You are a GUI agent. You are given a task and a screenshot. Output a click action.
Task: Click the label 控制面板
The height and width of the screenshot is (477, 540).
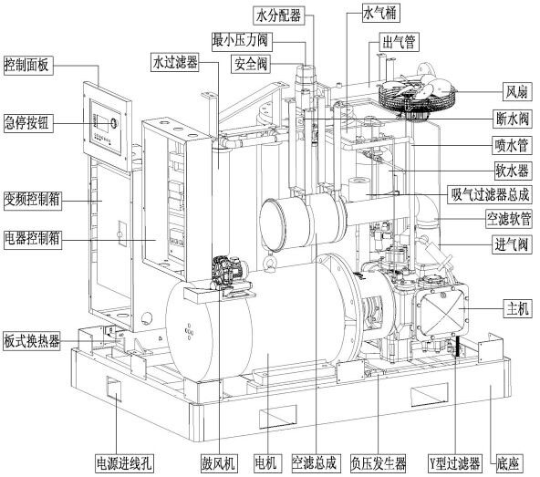(x=27, y=65)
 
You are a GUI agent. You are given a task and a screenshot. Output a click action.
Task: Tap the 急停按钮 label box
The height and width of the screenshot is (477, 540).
(x=27, y=122)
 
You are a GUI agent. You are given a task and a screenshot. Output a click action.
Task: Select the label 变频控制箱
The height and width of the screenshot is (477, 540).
(x=32, y=200)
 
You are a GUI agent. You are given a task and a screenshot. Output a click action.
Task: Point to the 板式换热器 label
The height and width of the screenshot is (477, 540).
(x=32, y=341)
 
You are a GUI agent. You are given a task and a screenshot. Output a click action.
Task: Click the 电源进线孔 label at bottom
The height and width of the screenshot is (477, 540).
(x=124, y=463)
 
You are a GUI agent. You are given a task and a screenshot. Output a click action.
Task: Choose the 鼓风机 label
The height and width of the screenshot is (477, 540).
(x=219, y=463)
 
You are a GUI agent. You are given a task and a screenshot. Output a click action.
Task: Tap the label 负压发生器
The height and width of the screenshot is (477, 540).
(x=379, y=463)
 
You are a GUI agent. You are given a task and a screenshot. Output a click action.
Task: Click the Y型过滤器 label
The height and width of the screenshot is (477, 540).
(x=454, y=463)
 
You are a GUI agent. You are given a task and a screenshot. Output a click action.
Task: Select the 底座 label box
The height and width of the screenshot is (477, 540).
(x=508, y=463)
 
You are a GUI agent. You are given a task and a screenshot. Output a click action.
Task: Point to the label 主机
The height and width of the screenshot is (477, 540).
(x=517, y=308)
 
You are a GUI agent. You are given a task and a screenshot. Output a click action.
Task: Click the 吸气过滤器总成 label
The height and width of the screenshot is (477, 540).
(x=490, y=195)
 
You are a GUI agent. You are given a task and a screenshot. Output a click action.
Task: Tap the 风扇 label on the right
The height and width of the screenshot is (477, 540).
(x=516, y=92)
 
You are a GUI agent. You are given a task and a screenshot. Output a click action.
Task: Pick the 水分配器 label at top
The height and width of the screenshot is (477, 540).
(x=278, y=16)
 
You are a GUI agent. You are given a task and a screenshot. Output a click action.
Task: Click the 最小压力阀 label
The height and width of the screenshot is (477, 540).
(x=242, y=41)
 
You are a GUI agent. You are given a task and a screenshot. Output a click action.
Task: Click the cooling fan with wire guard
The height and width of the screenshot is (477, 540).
(x=418, y=94)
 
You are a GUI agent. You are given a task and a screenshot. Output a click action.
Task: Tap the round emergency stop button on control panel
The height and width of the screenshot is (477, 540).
(x=114, y=122)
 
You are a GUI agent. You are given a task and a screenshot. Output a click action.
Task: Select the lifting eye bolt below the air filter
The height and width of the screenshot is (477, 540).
(x=268, y=263)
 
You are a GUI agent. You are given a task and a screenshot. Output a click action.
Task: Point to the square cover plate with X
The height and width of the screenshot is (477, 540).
(x=441, y=309)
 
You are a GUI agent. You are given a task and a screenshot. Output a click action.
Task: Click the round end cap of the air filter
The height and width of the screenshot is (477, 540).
(x=273, y=225)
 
